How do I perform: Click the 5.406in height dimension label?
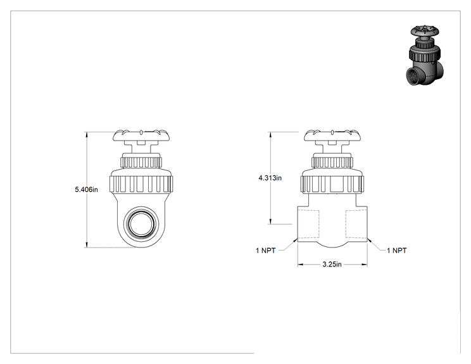[86, 189]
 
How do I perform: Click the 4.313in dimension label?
[270, 178]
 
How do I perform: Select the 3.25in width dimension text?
[332, 264]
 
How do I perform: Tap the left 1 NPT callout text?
[265, 251]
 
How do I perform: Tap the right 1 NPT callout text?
[396, 251]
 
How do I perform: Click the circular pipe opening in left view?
[141, 223]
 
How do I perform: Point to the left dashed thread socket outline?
[308, 224]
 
